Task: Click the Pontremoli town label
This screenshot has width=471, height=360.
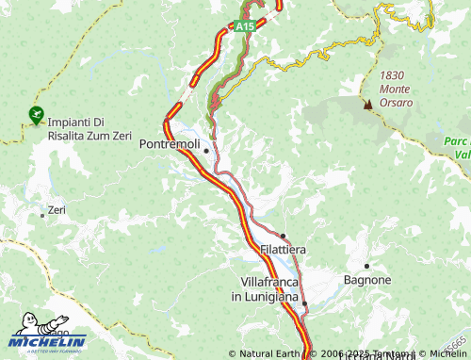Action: pyautogui.click(x=169, y=144)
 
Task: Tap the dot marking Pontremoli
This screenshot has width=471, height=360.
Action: pyautogui.click(x=205, y=150)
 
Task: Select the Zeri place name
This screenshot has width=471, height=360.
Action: pyautogui.click(x=57, y=209)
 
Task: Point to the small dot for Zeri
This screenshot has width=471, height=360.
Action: pyautogui.click(x=41, y=215)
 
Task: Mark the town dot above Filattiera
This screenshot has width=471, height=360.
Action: pyautogui.click(x=283, y=236)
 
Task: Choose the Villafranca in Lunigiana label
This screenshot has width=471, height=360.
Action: pyautogui.click(x=269, y=289)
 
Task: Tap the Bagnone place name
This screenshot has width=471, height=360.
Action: pyautogui.click(x=366, y=280)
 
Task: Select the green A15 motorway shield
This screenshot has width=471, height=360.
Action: pyautogui.click(x=244, y=26)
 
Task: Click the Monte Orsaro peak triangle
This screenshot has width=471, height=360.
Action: pyautogui.click(x=367, y=105)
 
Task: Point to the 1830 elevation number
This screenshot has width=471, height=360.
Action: pyautogui.click(x=394, y=75)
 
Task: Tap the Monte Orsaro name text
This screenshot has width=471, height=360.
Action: pyautogui.click(x=396, y=95)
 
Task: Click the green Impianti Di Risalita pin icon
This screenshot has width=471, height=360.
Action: pyautogui.click(x=36, y=116)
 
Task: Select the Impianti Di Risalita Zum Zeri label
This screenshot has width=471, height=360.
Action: pyautogui.click(x=89, y=128)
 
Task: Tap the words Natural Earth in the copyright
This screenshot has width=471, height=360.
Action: pyautogui.click(x=262, y=353)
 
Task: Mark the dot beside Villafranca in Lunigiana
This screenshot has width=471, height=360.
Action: pyautogui.click(x=304, y=303)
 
